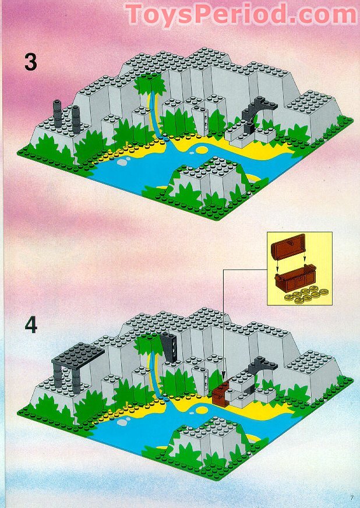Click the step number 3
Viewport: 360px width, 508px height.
pos(30,62)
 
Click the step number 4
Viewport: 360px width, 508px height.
pos(30,325)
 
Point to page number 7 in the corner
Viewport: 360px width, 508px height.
pos(352,497)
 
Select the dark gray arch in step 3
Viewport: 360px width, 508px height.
pos(255,112)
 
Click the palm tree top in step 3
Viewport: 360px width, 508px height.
pos(149,86)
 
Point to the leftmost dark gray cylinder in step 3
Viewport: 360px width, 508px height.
pos(58,111)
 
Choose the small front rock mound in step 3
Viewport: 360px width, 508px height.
pos(205,181)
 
